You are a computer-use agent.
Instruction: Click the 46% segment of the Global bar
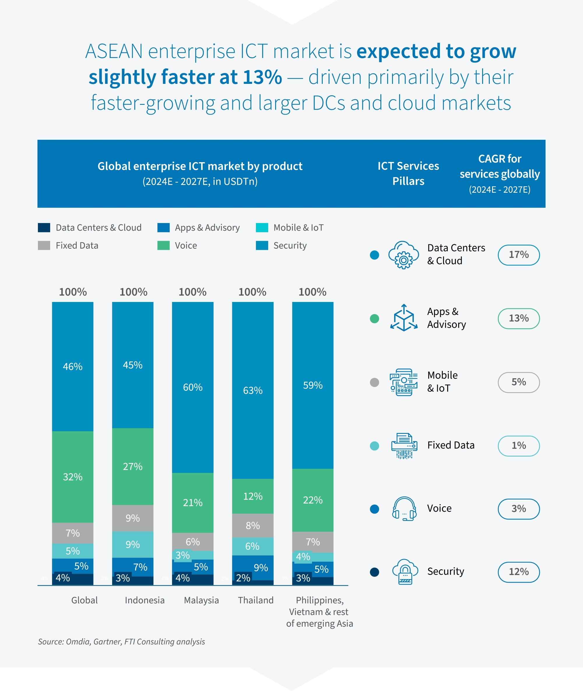click(73, 366)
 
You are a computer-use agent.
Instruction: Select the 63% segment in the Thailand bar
click(253, 390)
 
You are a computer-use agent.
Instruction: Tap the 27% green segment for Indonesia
click(133, 466)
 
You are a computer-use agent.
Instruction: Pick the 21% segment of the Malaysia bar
click(193, 503)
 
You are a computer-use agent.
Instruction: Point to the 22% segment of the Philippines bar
click(313, 500)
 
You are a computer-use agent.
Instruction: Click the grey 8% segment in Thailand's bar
click(253, 525)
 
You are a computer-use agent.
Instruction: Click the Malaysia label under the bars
click(201, 600)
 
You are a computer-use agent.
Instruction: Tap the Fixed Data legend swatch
click(44, 245)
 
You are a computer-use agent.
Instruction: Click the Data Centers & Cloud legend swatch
click(44, 227)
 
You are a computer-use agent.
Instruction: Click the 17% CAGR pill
click(518, 255)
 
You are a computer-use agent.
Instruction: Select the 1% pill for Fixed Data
click(518, 445)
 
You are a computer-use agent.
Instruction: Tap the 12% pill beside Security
click(518, 572)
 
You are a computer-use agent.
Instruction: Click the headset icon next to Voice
click(403, 508)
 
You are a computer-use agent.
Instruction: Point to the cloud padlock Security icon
click(405, 572)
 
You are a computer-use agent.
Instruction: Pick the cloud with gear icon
click(403, 255)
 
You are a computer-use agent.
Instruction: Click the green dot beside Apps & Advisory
click(374, 318)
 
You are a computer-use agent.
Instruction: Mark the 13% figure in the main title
click(262, 77)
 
